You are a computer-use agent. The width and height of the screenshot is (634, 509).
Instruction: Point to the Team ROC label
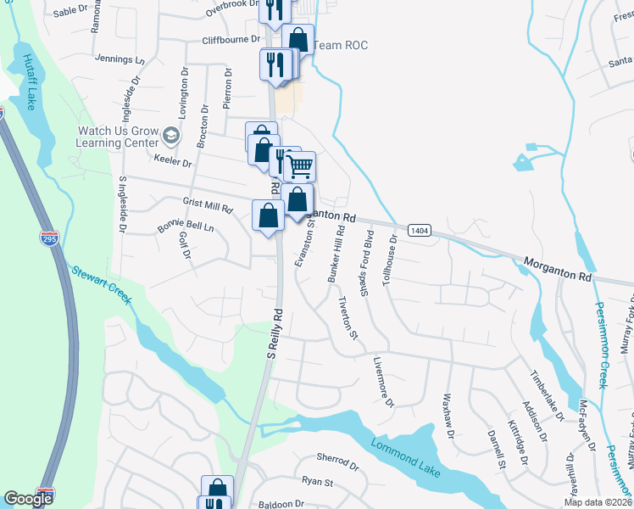click(341, 45)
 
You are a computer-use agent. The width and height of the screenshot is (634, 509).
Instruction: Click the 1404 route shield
click(418, 230)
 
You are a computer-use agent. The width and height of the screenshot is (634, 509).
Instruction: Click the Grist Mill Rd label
click(208, 206)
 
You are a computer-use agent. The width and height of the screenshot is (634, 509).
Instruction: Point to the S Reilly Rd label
click(274, 338)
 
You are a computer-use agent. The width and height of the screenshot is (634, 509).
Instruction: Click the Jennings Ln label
click(121, 60)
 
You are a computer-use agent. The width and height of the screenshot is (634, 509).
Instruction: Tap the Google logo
click(28, 499)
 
